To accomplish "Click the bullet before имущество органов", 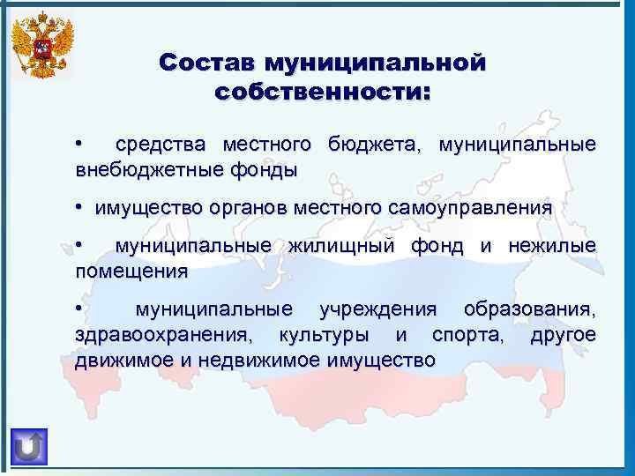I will pos(79,207).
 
